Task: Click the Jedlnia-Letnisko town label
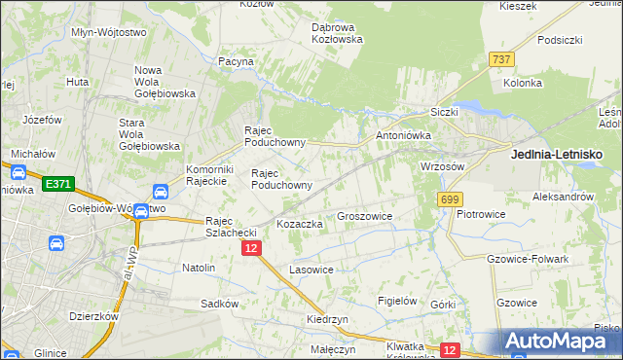tap(557, 155)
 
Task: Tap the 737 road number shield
tap(501, 59)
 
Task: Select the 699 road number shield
tap(449, 199)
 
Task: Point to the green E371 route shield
tap(58, 183)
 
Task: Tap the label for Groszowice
tap(364, 216)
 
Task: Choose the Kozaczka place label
tap(300, 224)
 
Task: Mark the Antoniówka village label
tap(403, 135)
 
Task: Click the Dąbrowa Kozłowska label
tap(337, 33)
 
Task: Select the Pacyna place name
tap(236, 61)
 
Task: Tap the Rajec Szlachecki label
tap(231, 226)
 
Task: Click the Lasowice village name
tap(312, 269)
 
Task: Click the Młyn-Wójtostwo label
tap(109, 32)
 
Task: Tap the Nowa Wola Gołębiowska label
tap(165, 82)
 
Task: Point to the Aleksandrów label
tap(564, 197)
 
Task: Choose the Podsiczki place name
tap(559, 40)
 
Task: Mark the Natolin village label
tap(199, 267)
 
